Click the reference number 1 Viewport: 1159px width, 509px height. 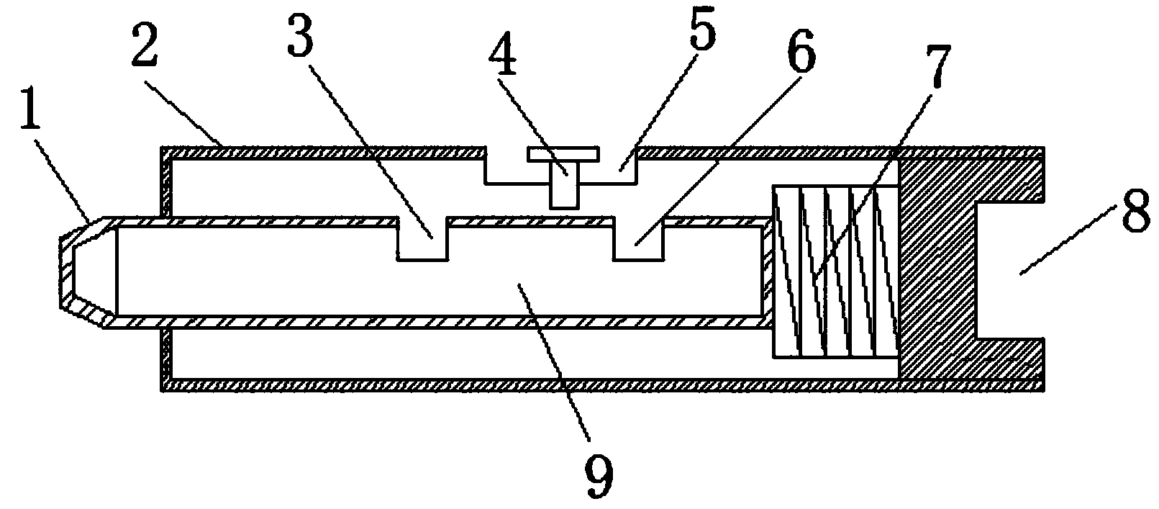[x=30, y=109]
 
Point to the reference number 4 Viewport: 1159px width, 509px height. [x=502, y=54]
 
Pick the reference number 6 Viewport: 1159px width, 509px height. [x=801, y=50]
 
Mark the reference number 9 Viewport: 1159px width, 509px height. [x=599, y=477]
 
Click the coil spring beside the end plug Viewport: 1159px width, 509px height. [x=835, y=271]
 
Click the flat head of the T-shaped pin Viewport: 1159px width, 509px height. [x=563, y=154]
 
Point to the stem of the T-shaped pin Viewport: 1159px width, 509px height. [x=563, y=185]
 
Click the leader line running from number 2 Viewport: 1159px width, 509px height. [x=183, y=112]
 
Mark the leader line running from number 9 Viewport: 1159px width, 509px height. [x=554, y=361]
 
